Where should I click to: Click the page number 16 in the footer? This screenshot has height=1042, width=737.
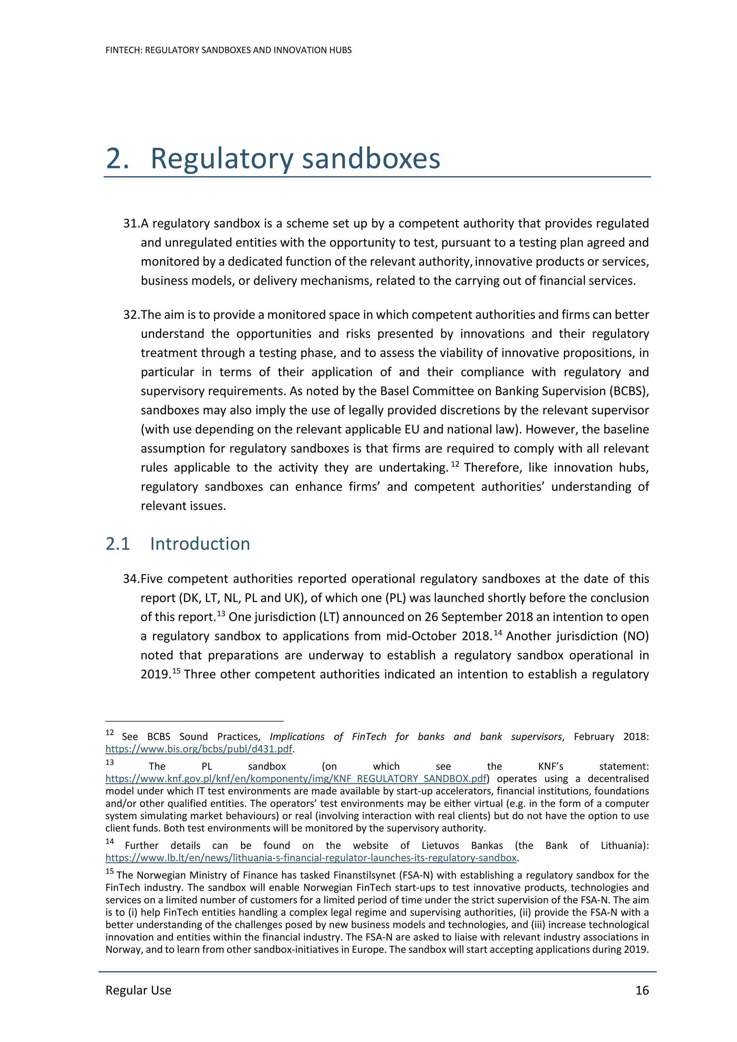tap(642, 990)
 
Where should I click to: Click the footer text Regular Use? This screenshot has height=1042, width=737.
tap(138, 990)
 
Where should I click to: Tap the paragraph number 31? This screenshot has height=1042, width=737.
tap(131, 223)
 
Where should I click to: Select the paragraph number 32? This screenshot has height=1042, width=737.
tap(131, 315)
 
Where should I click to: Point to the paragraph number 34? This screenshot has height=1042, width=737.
tap(131, 579)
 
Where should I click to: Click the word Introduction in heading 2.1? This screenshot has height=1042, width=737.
tap(200, 544)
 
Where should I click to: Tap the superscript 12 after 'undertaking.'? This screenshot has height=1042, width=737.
tap(455, 464)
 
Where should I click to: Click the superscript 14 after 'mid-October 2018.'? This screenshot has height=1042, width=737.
tap(498, 632)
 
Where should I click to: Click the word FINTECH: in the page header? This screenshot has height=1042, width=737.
tap(123, 50)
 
